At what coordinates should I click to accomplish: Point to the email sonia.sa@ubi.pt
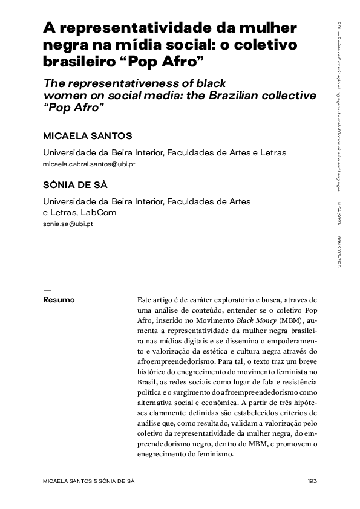pyautogui.click(x=68, y=224)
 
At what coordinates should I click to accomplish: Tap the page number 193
pyautogui.click(x=312, y=481)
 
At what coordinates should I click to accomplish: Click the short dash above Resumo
pyautogui.click(x=48, y=289)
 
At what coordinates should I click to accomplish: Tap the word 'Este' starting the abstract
pyautogui.click(x=146, y=299)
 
